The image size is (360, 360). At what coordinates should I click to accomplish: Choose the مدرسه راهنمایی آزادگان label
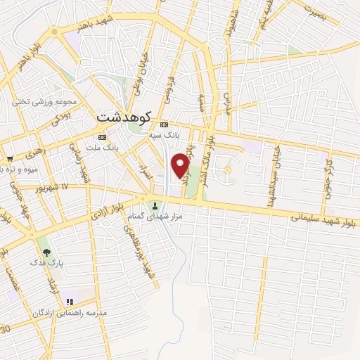click(x=69, y=311)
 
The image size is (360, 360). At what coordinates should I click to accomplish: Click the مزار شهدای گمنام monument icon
click(x=155, y=206)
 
